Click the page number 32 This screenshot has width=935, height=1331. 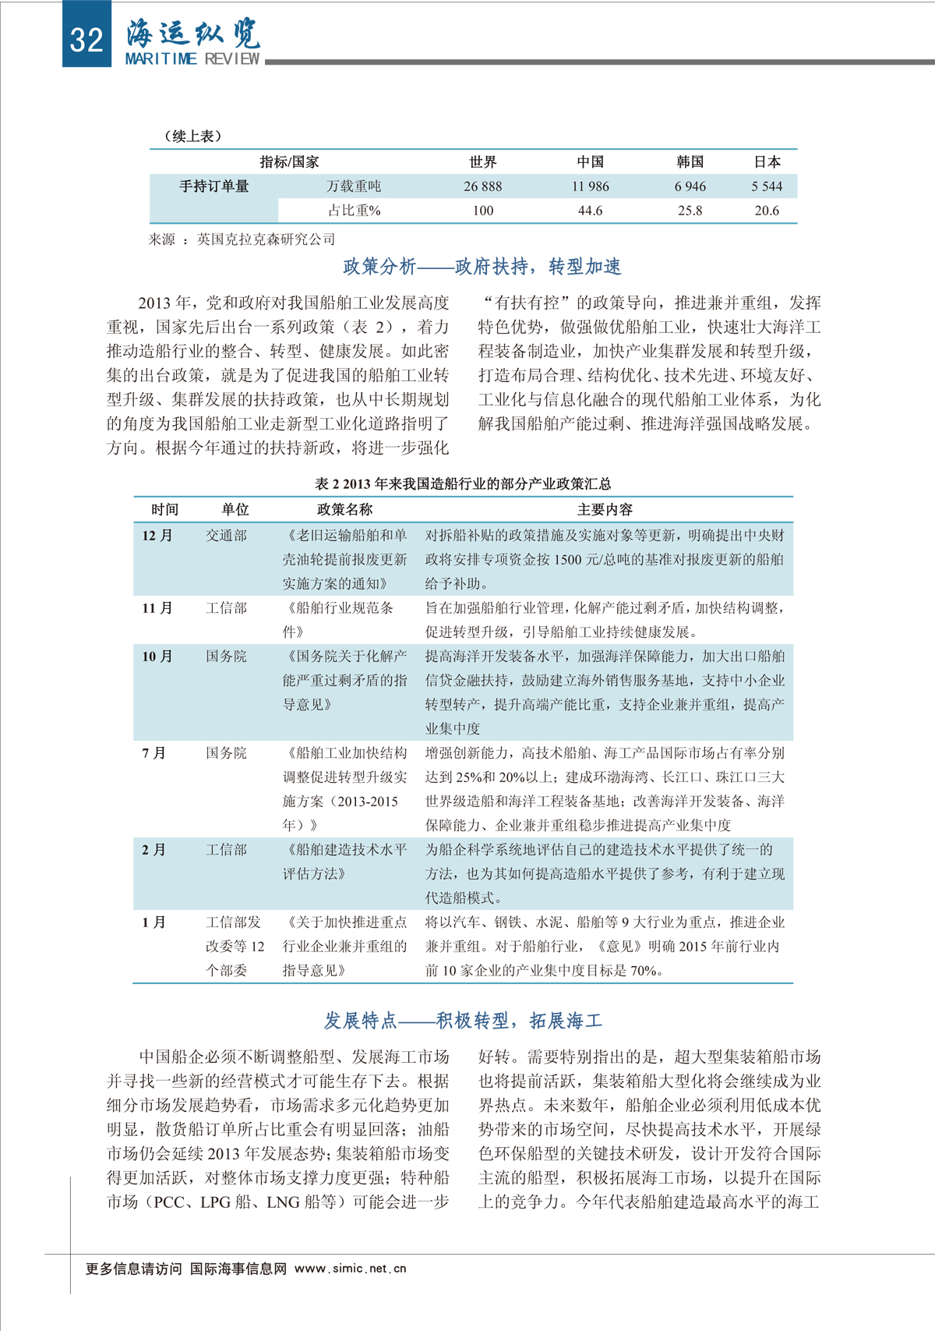86,38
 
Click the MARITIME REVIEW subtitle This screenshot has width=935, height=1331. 192,58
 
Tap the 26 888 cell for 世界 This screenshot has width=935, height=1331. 482,186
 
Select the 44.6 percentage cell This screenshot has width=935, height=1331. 590,211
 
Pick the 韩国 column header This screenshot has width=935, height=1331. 690,162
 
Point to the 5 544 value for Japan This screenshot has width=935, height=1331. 767,186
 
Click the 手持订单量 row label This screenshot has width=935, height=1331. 213,186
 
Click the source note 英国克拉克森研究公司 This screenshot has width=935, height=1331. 265,239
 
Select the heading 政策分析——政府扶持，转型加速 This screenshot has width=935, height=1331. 482,267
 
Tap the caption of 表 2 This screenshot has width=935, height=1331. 463,483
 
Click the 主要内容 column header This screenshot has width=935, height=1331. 605,510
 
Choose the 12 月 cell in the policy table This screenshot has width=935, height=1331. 157,536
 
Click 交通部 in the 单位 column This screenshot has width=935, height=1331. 226,536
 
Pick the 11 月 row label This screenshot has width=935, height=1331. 157,608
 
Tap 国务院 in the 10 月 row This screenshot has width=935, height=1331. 226,657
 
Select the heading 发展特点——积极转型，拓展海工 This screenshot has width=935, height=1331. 463,1021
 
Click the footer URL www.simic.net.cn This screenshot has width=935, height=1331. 350,1269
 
